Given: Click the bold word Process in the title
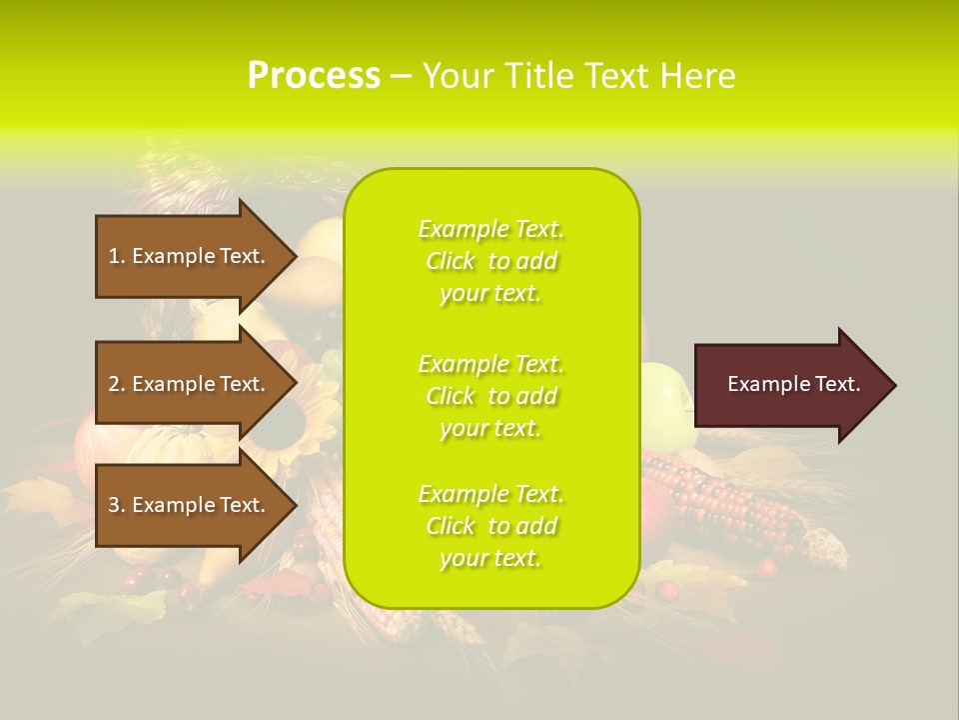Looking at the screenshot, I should point(314,76).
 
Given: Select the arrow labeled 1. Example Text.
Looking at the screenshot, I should point(190,256).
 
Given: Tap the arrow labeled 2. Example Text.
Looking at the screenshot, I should point(190,384).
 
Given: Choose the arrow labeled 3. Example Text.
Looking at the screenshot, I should point(190,505).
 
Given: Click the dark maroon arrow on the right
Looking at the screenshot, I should point(789,385).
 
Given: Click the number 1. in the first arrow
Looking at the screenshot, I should point(117,256).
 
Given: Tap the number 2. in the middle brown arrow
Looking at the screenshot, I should point(117,384).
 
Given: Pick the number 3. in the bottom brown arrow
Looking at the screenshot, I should point(117,505).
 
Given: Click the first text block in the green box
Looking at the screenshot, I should point(490,261).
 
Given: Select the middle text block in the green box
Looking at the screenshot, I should point(490,396).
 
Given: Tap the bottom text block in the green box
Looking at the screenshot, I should point(490,526).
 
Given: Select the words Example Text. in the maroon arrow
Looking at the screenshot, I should point(794,384).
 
